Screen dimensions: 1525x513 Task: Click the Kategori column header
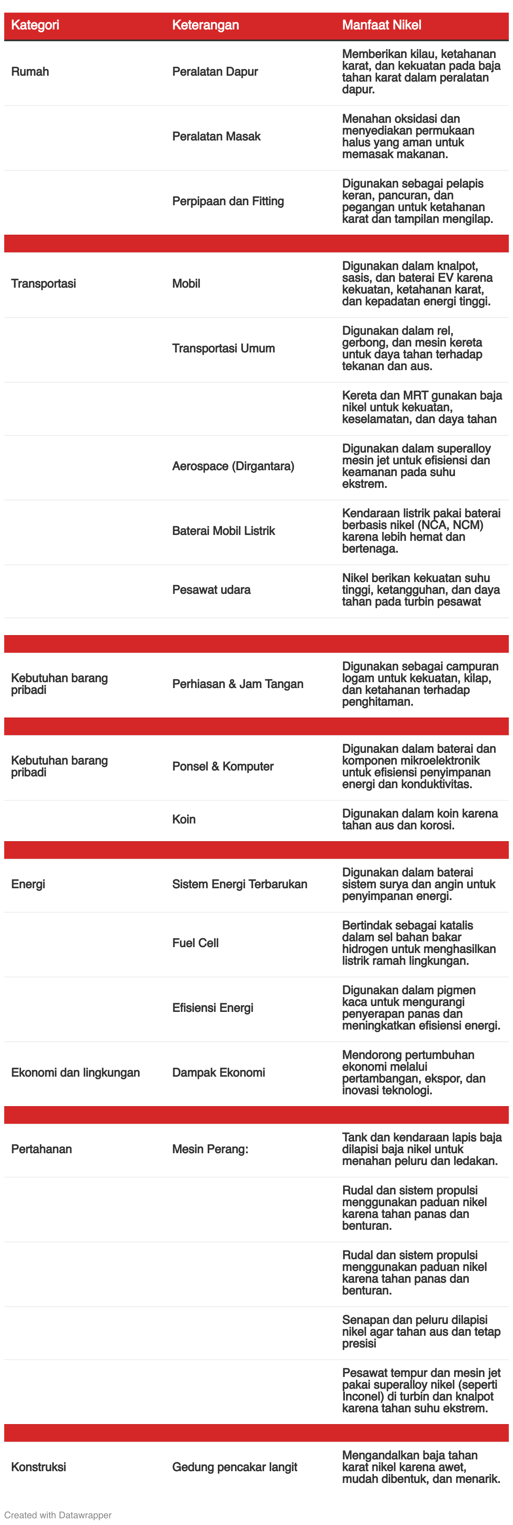(x=35, y=25)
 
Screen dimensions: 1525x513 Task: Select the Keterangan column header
(x=205, y=25)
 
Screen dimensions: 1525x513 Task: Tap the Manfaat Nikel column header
(x=382, y=25)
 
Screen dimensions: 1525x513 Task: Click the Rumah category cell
(x=30, y=71)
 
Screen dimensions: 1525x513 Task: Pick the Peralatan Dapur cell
(x=215, y=71)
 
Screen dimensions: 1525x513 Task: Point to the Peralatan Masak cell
(x=216, y=136)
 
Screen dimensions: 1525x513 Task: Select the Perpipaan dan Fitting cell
(x=228, y=201)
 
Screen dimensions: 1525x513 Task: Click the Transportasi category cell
(x=43, y=283)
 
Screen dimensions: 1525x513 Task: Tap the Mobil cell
(x=186, y=283)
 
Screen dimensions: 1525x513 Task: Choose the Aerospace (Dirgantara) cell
(x=233, y=466)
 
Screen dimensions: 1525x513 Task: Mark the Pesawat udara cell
(x=211, y=590)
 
